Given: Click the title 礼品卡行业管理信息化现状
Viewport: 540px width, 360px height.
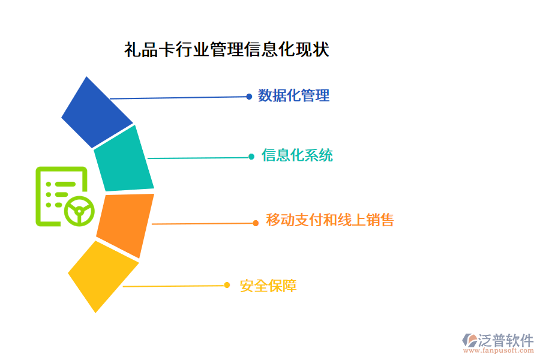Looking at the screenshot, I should (x=226, y=49).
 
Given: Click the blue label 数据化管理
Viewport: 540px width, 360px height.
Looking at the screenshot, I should (x=293, y=95).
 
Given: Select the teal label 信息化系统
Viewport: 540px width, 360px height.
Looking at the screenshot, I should (x=297, y=156).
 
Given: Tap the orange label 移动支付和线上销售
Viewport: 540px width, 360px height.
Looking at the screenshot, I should (x=329, y=220).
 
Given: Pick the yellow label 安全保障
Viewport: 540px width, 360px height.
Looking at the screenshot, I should (x=268, y=286).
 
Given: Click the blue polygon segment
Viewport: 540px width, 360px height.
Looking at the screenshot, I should (x=96, y=113).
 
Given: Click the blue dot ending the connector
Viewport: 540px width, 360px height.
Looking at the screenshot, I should (x=249, y=96).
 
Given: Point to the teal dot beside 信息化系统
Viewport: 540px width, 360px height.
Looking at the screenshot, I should (x=251, y=157).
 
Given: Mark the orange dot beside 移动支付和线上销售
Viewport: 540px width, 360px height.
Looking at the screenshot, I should (x=256, y=223).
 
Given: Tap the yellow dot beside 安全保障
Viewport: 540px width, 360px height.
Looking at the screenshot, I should (x=227, y=285).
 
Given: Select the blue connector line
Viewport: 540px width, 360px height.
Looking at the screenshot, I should (x=180, y=97).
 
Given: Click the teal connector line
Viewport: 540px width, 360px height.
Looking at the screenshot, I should (x=198, y=158).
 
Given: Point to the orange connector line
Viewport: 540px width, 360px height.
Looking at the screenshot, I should (x=204, y=224).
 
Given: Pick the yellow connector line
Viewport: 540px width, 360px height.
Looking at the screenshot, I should (x=174, y=286).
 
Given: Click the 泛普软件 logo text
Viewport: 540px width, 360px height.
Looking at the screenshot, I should (x=505, y=341).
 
